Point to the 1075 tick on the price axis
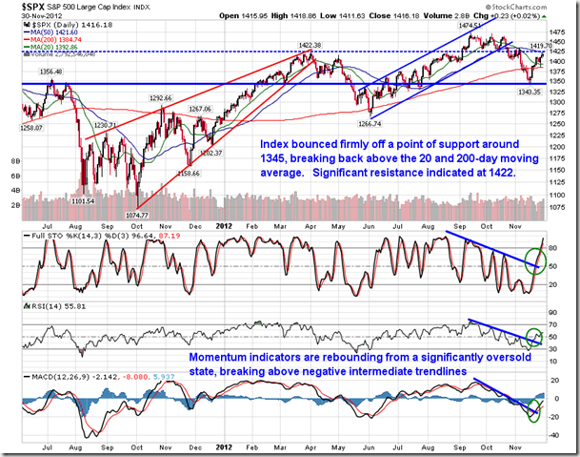pyautogui.click(x=563, y=207)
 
